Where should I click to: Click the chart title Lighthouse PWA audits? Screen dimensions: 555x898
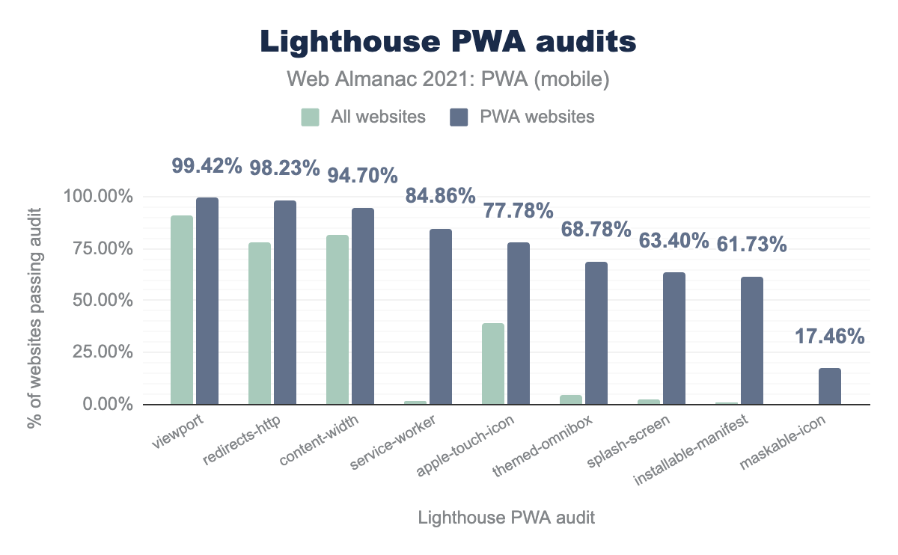click(x=448, y=43)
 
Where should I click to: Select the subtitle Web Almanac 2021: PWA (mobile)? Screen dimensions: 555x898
click(x=448, y=79)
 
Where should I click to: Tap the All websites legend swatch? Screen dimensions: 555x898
click(x=311, y=117)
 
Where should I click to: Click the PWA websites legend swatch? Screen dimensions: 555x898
click(x=458, y=117)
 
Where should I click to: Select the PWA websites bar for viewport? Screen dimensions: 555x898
click(x=207, y=301)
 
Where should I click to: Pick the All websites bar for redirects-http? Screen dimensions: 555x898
click(x=260, y=323)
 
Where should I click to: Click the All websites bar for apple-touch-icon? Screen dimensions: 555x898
click(x=493, y=364)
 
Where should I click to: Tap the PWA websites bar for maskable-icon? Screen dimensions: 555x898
click(x=830, y=386)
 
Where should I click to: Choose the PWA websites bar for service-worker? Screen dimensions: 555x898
click(x=441, y=316)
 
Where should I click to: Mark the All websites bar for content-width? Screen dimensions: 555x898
click(x=337, y=319)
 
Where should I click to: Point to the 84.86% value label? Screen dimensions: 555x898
click(x=440, y=196)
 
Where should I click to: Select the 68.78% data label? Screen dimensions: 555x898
click(x=596, y=229)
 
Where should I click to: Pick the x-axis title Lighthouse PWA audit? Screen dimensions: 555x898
click(x=507, y=518)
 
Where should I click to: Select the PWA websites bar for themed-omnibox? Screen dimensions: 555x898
click(x=596, y=333)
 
